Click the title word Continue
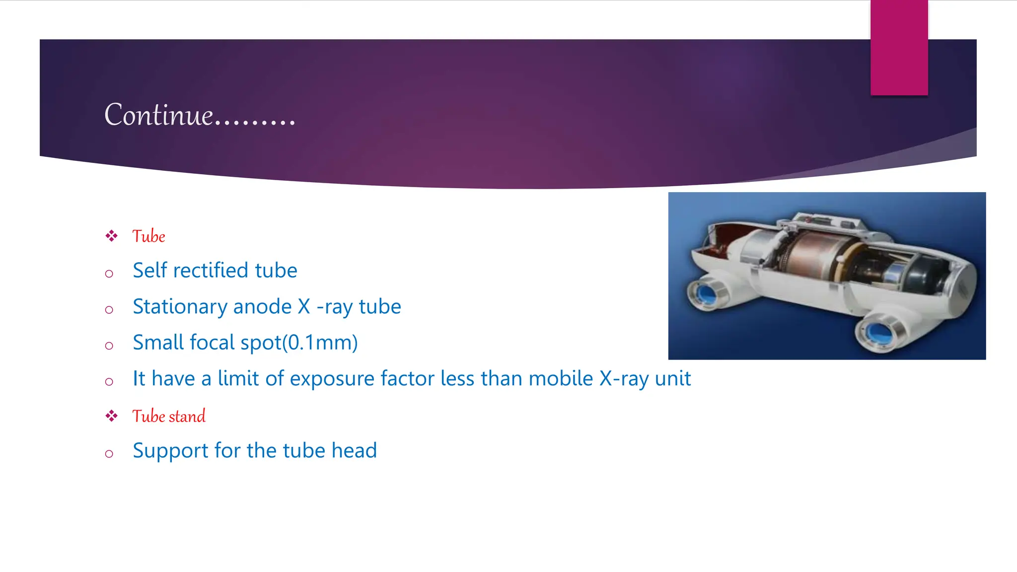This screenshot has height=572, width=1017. (159, 115)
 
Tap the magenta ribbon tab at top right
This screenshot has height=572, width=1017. (899, 47)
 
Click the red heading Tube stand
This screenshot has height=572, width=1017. (169, 416)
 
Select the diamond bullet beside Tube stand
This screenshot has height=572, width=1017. (111, 416)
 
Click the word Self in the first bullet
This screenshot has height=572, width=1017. (149, 271)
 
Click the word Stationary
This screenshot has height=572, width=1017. (180, 307)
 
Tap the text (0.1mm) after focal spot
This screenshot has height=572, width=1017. (320, 343)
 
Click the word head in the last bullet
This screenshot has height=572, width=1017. (354, 451)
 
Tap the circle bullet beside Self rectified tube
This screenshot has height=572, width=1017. (109, 274)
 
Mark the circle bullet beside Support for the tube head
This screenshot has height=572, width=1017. (109, 453)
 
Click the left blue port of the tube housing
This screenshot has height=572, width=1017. (705, 294)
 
